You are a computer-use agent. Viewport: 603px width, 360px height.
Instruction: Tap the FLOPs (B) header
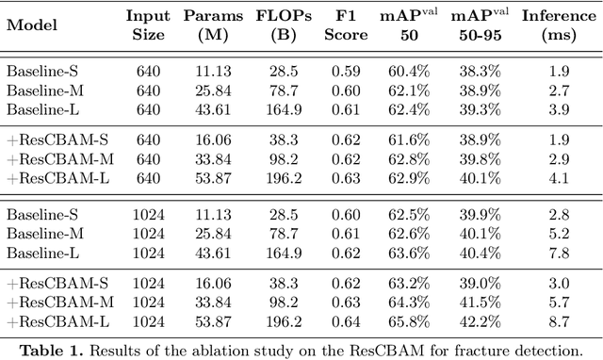click(278, 26)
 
